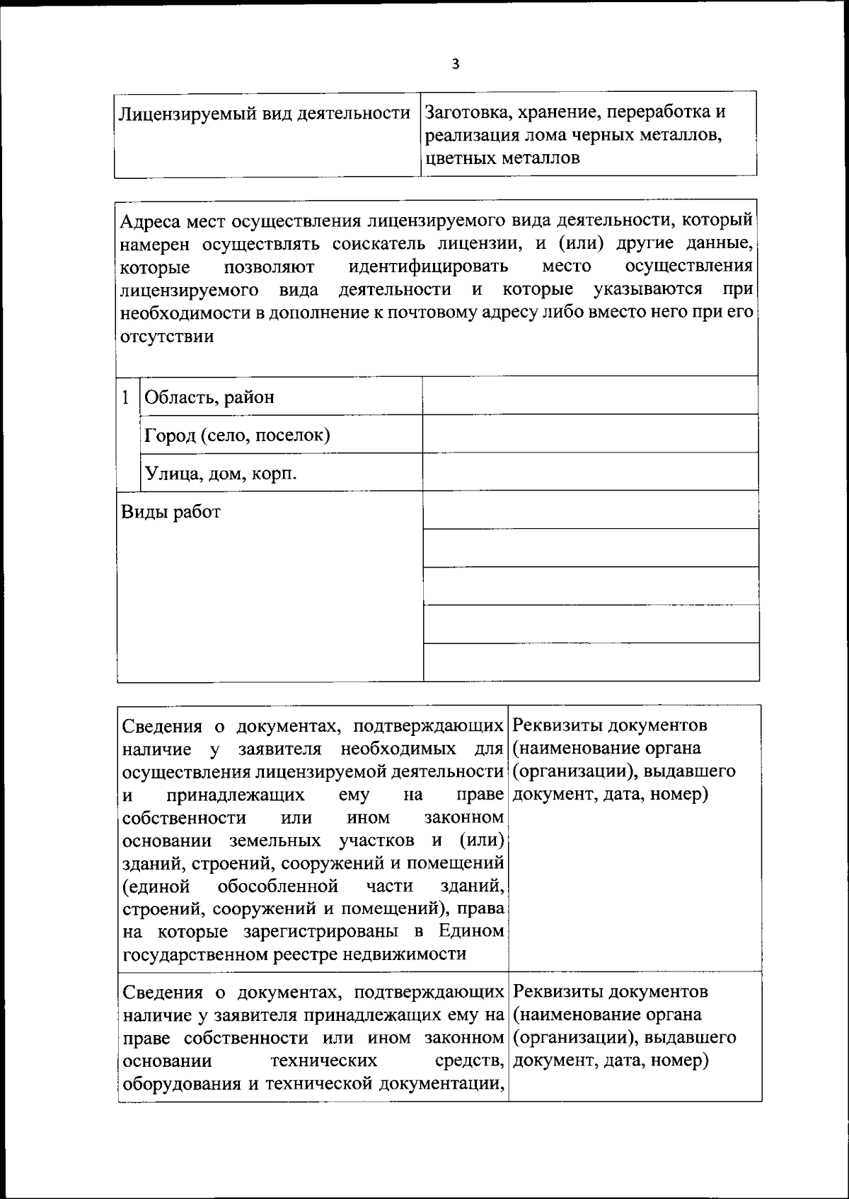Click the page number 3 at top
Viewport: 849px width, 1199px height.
(x=456, y=64)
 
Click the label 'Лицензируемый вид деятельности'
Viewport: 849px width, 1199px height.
(x=265, y=113)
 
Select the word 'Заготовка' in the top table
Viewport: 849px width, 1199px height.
(x=463, y=112)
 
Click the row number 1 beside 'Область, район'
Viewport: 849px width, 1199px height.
(x=126, y=397)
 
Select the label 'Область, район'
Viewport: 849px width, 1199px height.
(x=209, y=397)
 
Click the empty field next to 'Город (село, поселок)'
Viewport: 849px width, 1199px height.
(x=590, y=434)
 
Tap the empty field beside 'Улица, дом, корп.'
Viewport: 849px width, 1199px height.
(x=590, y=472)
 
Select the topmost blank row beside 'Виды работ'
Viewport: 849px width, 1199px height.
(x=590, y=510)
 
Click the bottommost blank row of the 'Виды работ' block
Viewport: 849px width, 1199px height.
(x=590, y=662)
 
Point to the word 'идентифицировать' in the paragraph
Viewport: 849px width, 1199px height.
(x=429, y=267)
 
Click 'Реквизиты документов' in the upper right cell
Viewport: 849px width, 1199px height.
(x=609, y=725)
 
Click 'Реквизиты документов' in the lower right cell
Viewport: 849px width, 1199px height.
(x=609, y=992)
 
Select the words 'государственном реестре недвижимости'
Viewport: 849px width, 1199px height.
(x=294, y=954)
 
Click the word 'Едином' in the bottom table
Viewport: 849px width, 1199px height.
(x=470, y=931)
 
